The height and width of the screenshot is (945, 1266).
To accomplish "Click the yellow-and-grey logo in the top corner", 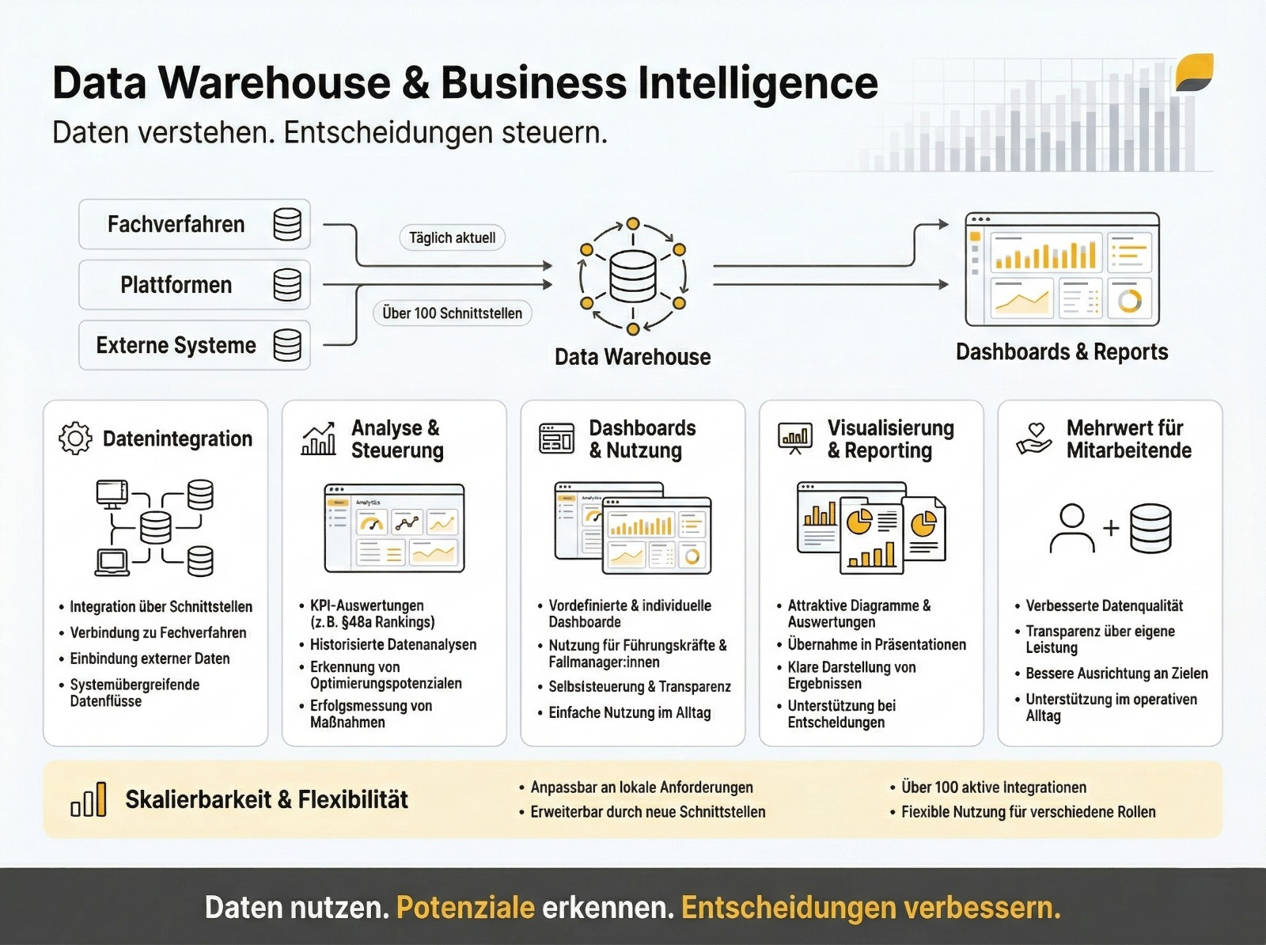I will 1194,73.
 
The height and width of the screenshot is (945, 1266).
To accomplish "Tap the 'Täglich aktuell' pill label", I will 452,237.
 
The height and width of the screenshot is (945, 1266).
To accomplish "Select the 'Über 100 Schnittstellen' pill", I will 452,313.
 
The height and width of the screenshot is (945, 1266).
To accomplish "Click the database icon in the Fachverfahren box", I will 287,225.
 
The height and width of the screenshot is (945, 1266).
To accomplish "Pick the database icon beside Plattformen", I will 287,285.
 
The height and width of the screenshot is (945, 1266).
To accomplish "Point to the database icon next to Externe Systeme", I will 287,345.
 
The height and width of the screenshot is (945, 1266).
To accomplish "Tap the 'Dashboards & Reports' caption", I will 1062,352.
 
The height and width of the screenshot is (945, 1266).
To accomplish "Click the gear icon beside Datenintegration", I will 75,438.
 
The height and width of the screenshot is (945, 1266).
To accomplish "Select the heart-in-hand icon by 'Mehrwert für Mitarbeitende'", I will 1034,438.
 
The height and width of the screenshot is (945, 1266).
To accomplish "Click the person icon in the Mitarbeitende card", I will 1072,528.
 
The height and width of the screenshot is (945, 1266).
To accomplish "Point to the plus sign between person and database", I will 1111,528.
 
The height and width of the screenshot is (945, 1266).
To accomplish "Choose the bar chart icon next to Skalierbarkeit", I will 88,799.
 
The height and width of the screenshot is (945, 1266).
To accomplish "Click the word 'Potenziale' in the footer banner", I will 465,908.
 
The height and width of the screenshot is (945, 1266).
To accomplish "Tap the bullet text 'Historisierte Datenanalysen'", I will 393,644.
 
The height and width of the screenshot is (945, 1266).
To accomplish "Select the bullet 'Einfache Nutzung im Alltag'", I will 630,713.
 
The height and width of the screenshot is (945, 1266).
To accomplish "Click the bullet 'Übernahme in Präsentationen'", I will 877,644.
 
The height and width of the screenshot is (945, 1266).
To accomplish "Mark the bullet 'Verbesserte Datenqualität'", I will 1104,606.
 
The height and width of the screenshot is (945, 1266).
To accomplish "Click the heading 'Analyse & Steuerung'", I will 396,439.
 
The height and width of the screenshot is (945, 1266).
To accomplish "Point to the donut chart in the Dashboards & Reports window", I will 1130,300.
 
